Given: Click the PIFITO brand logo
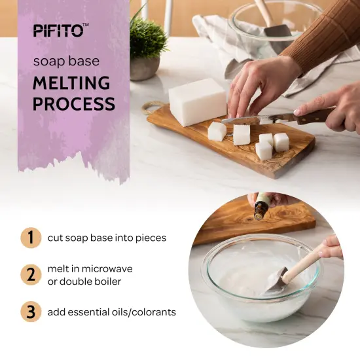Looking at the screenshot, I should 58,30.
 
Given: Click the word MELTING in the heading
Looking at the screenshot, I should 72,83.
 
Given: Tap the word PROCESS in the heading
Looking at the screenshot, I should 74,103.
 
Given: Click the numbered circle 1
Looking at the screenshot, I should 30,237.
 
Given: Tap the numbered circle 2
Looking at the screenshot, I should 30,274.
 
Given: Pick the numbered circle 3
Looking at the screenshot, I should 30,312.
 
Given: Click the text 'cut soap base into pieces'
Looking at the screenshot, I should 107,238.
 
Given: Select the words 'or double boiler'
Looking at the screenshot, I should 84,281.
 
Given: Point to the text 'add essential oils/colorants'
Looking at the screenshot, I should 111,312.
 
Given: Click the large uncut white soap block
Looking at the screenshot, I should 197,101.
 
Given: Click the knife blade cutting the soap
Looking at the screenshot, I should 249,119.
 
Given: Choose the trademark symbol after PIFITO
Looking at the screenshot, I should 86,26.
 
